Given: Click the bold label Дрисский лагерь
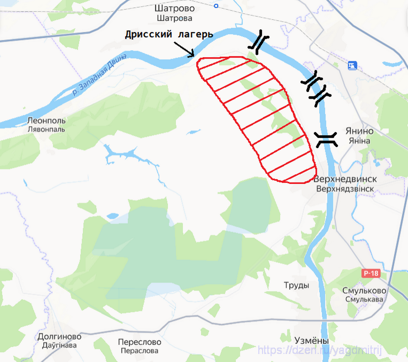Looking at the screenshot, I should point(169,35).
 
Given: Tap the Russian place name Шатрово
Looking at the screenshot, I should point(175,9).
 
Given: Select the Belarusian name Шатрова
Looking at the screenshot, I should point(175,18).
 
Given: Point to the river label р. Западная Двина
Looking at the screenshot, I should point(100,75).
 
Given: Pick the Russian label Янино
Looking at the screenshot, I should point(359,131).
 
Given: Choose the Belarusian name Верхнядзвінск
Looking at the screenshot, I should point(345,189).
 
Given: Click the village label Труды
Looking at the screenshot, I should point(297,285).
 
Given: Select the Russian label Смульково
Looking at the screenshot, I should point(364,291).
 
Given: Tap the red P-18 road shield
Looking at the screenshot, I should point(370,273).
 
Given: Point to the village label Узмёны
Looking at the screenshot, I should point(311,341).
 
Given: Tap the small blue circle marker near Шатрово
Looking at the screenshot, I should point(216,6).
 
